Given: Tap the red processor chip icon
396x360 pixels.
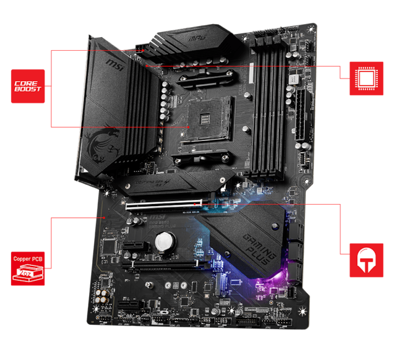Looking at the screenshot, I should click(x=365, y=78).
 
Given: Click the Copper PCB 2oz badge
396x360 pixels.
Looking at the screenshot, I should click(x=27, y=268).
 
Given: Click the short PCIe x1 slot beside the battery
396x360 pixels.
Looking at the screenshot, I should click(x=132, y=246).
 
